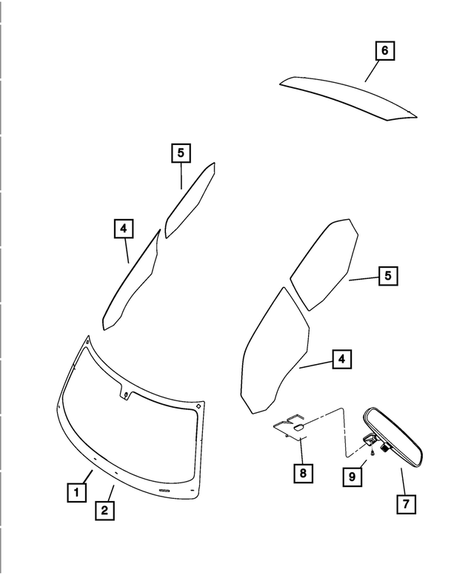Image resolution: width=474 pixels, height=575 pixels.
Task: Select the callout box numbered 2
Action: [x=104, y=509]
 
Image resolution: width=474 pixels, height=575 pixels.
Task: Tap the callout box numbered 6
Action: [x=384, y=51]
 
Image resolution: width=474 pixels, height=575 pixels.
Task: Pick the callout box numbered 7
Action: [x=405, y=504]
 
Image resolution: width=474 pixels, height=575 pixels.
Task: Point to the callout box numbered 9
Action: [x=353, y=477]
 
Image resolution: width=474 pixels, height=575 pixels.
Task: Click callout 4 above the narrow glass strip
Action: [x=124, y=229]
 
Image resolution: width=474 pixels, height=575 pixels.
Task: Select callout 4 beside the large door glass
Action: [x=341, y=360]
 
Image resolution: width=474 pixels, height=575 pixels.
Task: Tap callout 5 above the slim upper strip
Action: [x=180, y=153]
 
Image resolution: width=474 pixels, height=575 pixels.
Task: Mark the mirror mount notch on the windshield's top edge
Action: [x=124, y=392]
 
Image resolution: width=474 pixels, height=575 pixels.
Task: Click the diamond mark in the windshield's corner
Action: [x=199, y=405]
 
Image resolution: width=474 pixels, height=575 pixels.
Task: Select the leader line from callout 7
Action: [x=402, y=480]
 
